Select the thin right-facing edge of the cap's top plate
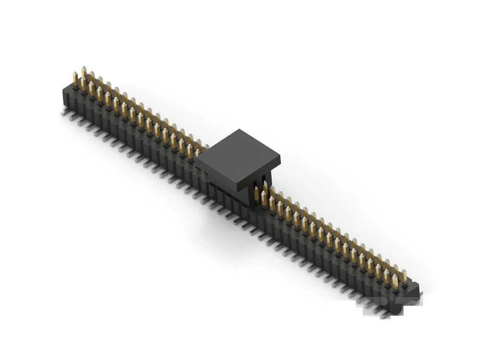[260, 168]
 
